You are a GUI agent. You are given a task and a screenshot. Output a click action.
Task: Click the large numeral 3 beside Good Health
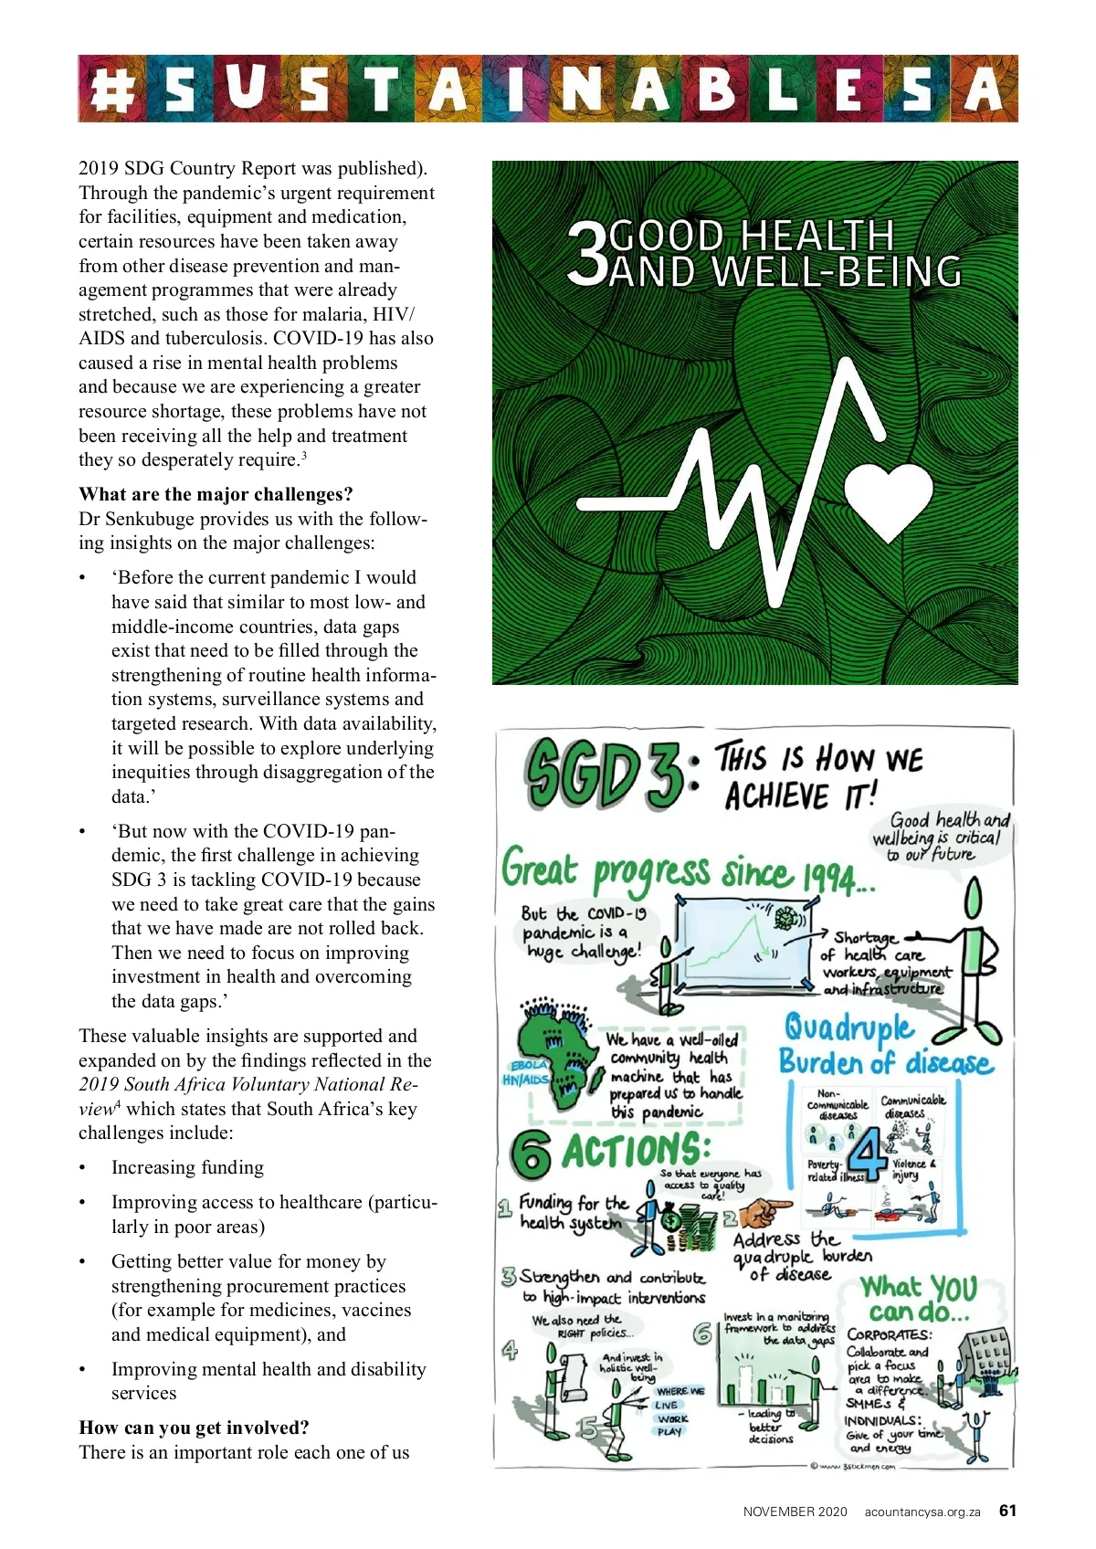click(x=586, y=256)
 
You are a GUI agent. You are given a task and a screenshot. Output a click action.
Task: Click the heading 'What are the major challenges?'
click(x=216, y=494)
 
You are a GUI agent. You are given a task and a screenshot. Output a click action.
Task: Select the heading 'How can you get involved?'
click(x=194, y=1428)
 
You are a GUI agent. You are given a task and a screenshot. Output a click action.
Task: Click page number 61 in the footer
click(x=1007, y=1511)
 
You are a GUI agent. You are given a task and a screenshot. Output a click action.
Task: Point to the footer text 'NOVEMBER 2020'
click(x=795, y=1512)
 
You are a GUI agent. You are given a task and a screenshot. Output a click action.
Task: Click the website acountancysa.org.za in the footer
click(x=922, y=1512)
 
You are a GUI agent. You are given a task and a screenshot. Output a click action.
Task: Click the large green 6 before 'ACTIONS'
click(x=531, y=1154)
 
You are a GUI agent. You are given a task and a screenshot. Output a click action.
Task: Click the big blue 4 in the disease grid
click(x=868, y=1154)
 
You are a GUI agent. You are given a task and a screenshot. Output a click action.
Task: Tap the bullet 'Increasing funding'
click(x=187, y=1167)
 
